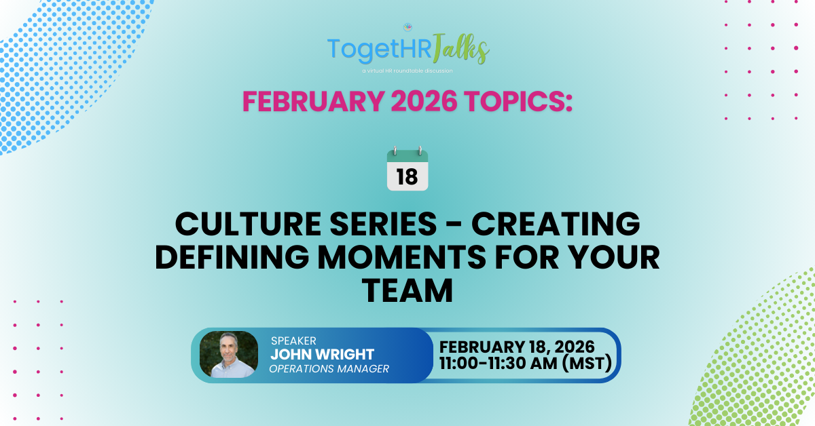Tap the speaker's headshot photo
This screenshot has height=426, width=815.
pos(229,354)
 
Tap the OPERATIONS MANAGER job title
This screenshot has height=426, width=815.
pos(329,369)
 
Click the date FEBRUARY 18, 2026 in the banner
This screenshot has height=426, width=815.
pos(518,346)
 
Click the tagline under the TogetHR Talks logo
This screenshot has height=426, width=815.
pos(407,70)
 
